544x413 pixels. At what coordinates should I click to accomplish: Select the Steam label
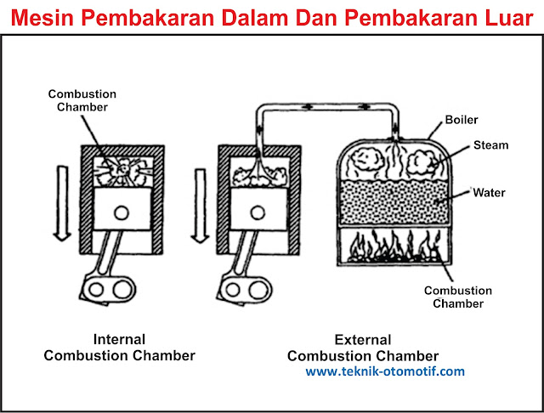coord(490,145)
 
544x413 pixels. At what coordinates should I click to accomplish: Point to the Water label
coord(489,193)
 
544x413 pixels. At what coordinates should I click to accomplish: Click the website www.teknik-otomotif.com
coord(385,371)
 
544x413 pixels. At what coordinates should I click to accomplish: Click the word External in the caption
coord(362,339)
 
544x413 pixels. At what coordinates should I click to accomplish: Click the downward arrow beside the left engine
coord(59,204)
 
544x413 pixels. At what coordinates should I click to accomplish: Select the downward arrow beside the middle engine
coord(201,204)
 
